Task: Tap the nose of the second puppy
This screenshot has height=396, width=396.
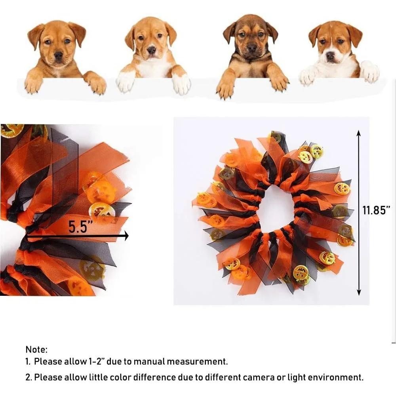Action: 152,50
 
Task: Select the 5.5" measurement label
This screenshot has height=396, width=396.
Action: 81,227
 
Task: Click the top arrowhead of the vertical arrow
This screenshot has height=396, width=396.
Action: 359,134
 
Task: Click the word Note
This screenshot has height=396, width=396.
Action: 36,349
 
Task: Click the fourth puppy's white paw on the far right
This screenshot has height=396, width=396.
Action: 369,72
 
